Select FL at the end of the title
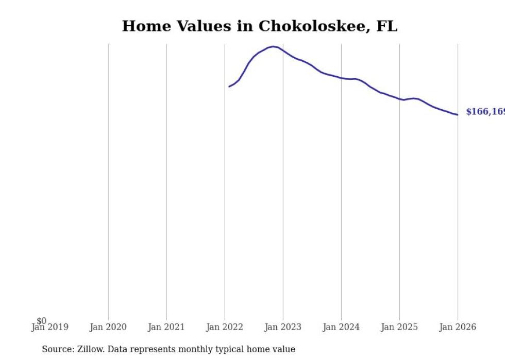(386, 26)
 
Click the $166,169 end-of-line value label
(485, 112)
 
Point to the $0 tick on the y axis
(41, 321)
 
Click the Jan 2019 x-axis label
(49, 327)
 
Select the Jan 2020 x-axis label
(108, 327)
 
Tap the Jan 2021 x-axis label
(166, 327)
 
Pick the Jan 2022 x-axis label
(225, 327)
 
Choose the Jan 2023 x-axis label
(283, 327)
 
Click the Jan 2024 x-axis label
(341, 327)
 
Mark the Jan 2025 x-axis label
(399, 327)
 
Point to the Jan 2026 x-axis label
(458, 327)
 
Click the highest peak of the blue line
(273, 46)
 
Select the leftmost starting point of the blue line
(229, 87)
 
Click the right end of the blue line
(457, 114)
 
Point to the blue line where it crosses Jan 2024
(341, 78)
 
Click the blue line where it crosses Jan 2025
(399, 99)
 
